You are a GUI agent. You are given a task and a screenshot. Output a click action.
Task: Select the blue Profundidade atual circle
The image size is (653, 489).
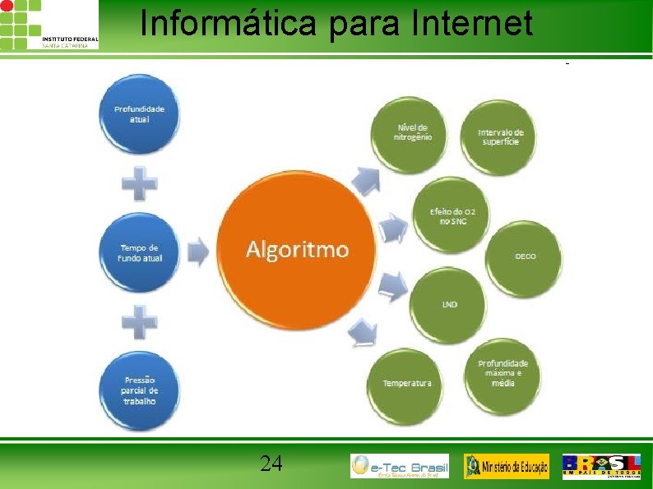click(139, 114)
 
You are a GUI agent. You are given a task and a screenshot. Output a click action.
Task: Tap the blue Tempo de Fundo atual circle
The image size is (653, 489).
click(140, 252)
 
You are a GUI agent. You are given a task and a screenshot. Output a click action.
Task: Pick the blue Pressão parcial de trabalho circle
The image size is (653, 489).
click(140, 390)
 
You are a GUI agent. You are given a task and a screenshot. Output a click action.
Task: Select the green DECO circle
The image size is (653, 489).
click(525, 256)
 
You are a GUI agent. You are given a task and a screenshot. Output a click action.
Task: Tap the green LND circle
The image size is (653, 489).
click(449, 304)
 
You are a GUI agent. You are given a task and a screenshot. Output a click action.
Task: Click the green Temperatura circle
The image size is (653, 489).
click(406, 383)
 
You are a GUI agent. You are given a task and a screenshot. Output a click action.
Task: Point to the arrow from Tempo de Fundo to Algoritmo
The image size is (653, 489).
click(197, 251)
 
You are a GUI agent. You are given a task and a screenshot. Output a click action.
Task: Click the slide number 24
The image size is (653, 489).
click(271, 464)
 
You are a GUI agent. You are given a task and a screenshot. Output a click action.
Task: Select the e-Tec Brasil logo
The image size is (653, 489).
click(400, 466)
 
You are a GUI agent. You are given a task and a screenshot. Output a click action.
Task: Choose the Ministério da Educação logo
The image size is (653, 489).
click(506, 466)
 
